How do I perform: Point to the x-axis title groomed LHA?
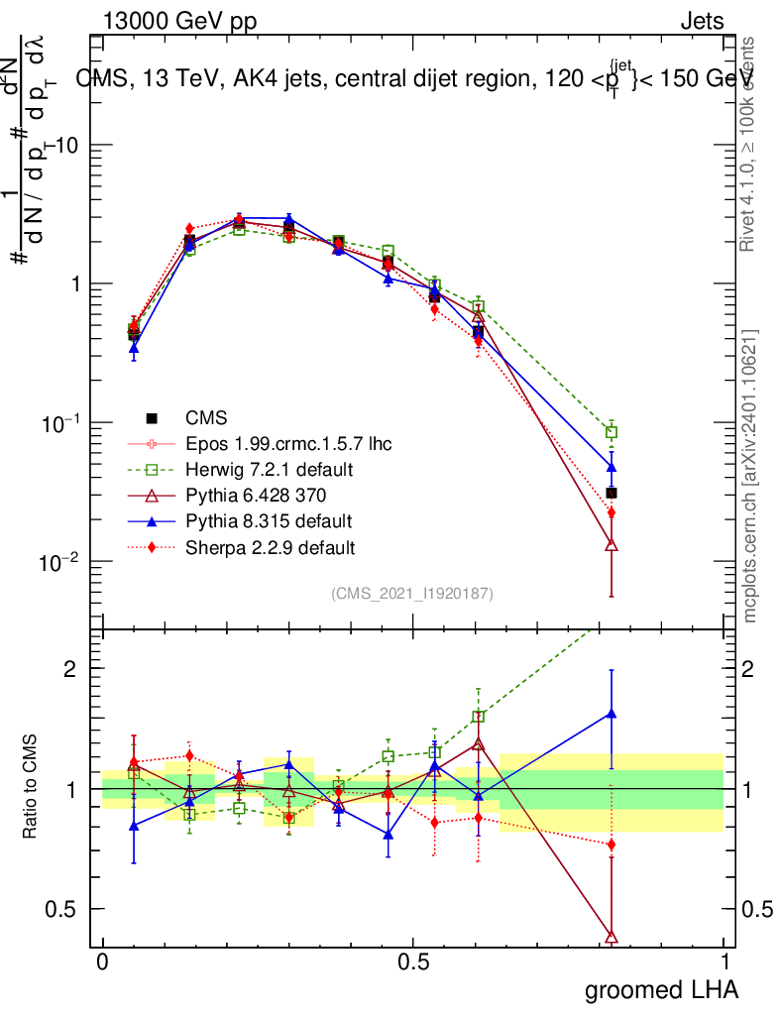660,989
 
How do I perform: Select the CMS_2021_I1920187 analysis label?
412,593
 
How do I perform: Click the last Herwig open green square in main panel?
612,432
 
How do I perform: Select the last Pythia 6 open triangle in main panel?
612,544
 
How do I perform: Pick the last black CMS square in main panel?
612,493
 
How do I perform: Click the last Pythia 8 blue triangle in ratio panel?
612,713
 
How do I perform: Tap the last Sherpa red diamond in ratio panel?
612,845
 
